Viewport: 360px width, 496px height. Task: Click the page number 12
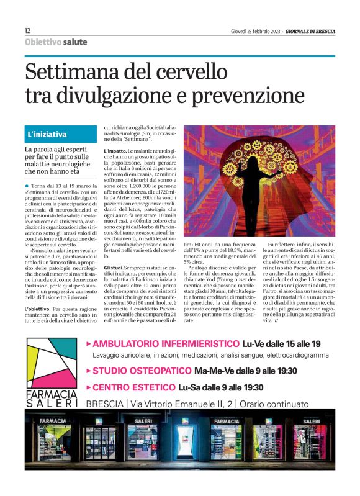(x=28, y=30)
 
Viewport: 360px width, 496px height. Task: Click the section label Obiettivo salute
(x=56, y=42)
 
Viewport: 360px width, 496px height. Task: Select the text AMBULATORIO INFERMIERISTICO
(x=166, y=343)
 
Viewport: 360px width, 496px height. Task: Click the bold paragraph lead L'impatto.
(x=115, y=151)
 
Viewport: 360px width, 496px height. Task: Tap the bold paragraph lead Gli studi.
(x=115, y=267)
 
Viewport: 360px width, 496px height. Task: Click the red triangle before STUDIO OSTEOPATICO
(x=89, y=371)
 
